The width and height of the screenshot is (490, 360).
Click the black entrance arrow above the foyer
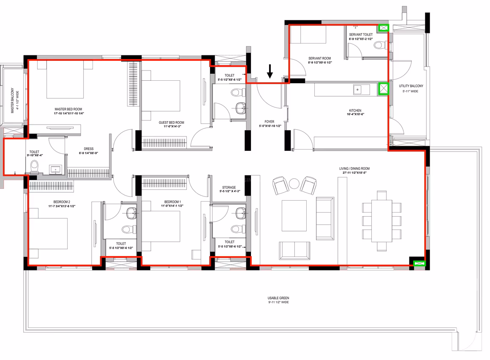pos(269,71)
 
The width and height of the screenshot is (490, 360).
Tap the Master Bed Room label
pos(68,109)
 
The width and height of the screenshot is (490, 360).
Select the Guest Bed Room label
pos(171,123)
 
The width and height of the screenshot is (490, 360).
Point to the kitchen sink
pos(357,90)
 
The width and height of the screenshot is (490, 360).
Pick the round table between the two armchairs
pos(294,183)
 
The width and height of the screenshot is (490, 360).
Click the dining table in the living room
pos(381,221)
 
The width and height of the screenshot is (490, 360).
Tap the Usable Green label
pos(278,298)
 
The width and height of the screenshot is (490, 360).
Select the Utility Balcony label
pos(411,86)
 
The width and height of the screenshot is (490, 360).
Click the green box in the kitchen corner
pos(384,89)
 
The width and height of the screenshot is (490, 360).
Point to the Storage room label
pos(229,188)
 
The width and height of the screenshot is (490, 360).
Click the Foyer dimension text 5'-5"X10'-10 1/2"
pos(270,126)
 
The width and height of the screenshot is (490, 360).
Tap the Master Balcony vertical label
pos(13,100)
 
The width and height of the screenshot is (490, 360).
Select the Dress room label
pos(89,149)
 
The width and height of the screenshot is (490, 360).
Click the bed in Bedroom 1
pos(161,226)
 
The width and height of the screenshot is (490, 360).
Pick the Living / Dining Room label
pos(354,169)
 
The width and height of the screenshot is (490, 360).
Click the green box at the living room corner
pos(419,263)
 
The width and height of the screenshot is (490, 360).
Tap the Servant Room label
pos(320,58)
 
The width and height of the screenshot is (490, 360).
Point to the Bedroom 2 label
pos(62,202)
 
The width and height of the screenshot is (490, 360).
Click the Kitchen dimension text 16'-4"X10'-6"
pos(355,114)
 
